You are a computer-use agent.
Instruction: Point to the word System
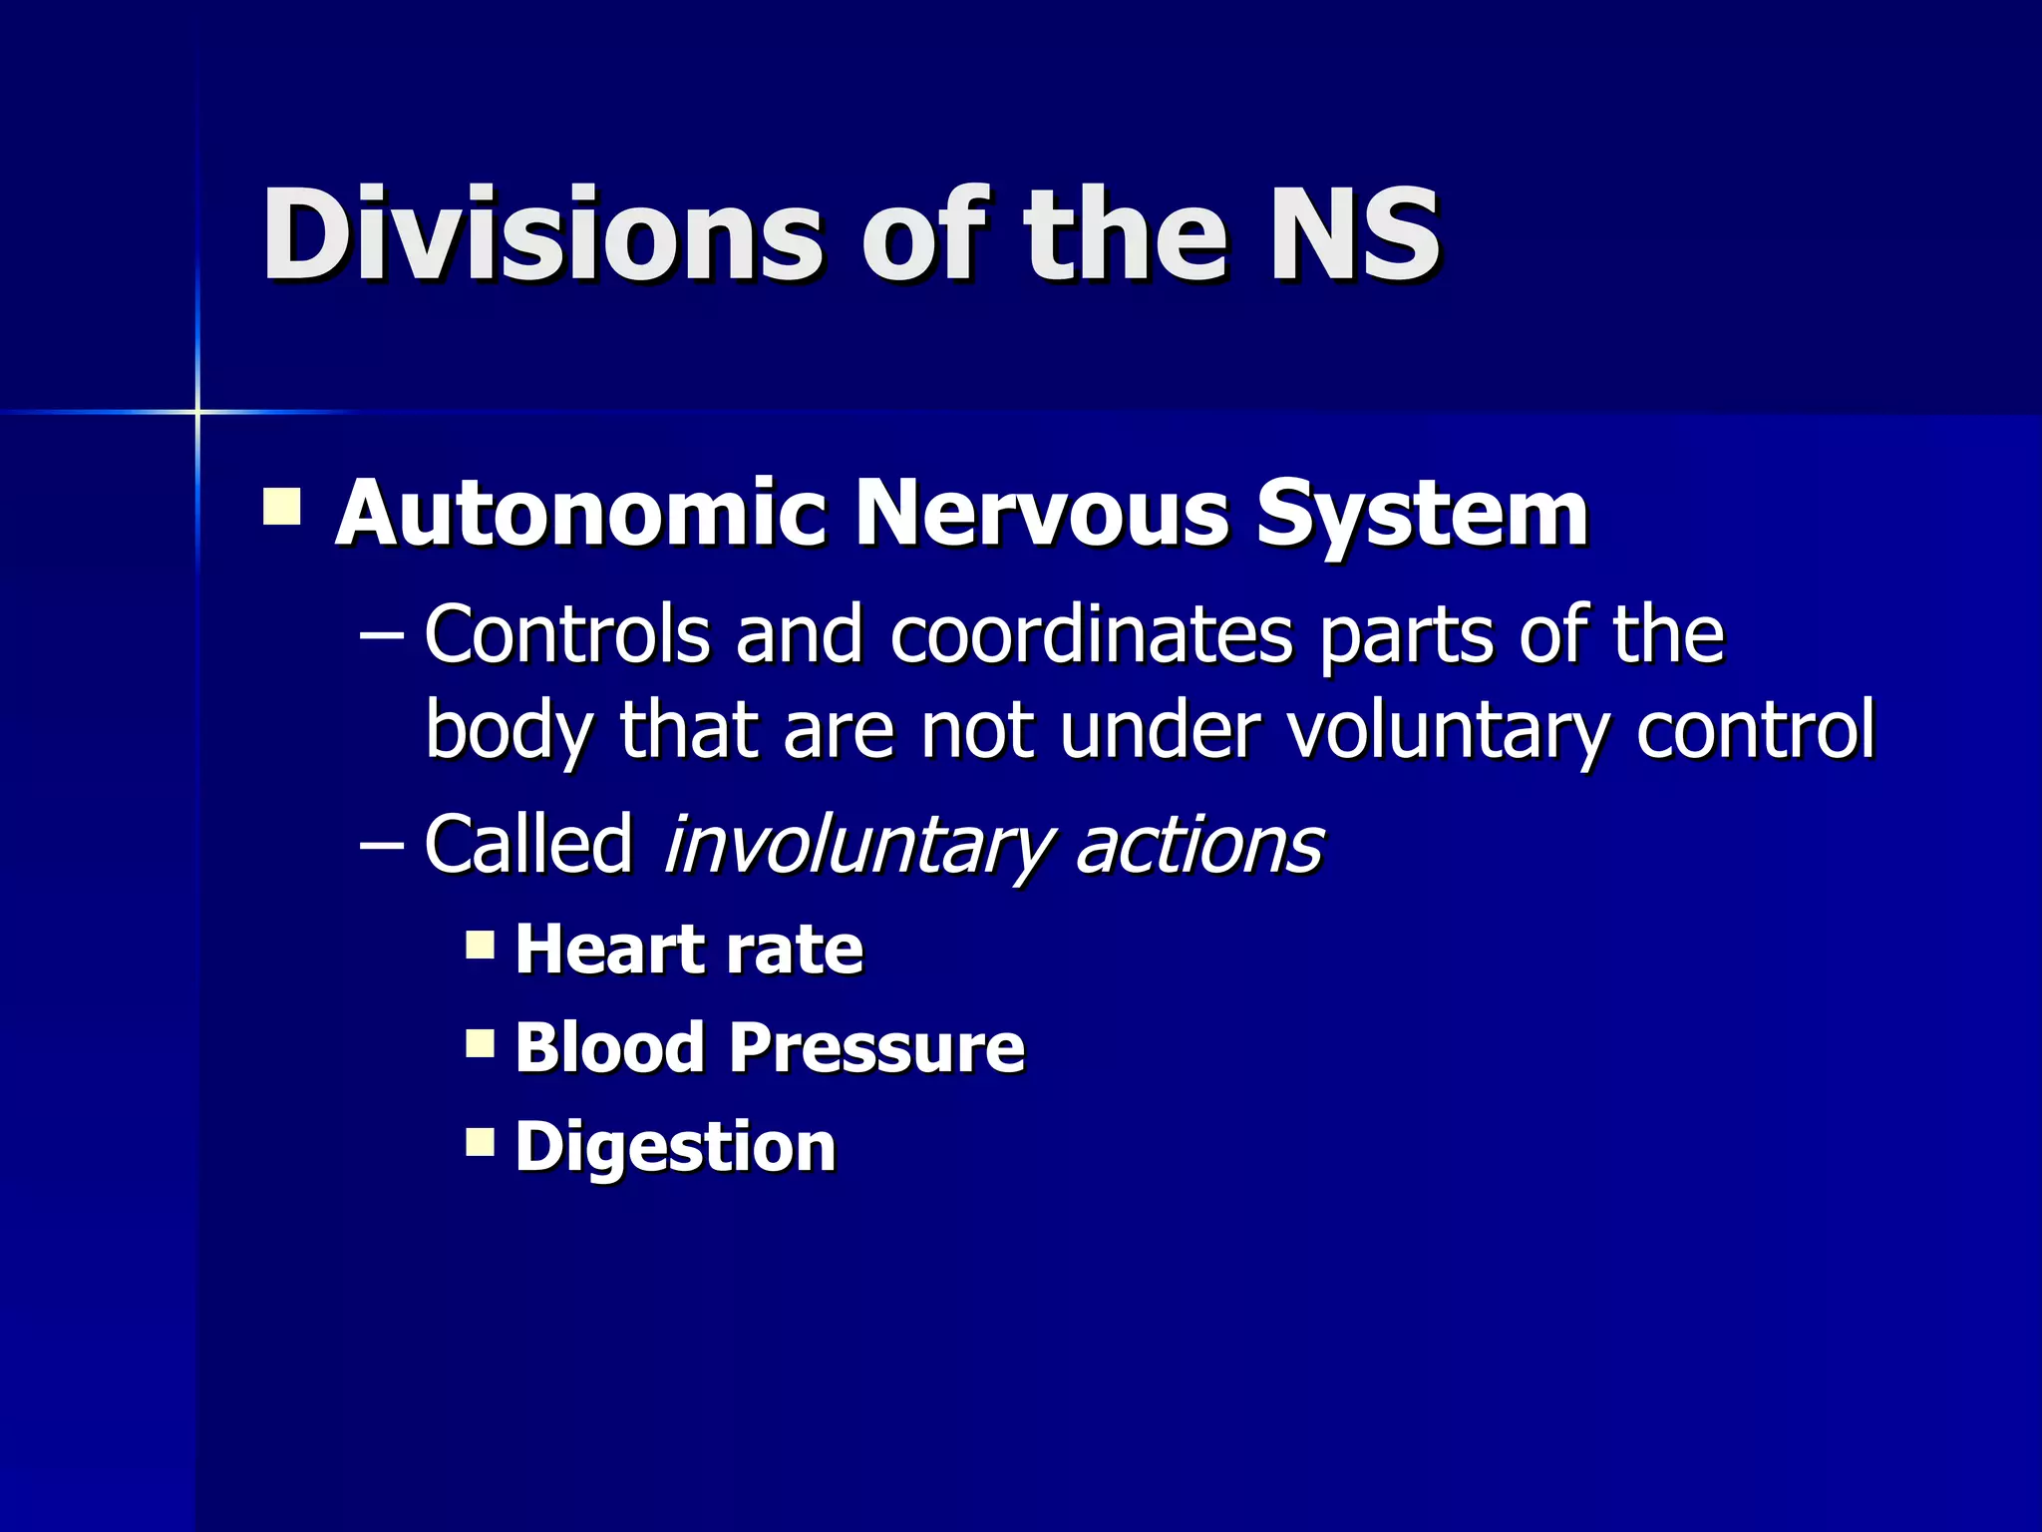pyautogui.click(x=1421, y=513)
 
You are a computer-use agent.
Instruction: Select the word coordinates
pyautogui.click(x=1091, y=634)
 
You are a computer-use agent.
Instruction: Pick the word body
pyautogui.click(x=509, y=731)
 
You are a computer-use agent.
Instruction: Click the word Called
pyautogui.click(x=528, y=844)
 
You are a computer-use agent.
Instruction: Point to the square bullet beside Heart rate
pyautogui.click(x=480, y=944)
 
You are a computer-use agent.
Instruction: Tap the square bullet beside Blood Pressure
pyautogui.click(x=480, y=1043)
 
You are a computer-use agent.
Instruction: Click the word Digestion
pyautogui.click(x=675, y=1147)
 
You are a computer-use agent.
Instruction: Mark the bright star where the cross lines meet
pyautogui.click(x=197, y=411)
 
